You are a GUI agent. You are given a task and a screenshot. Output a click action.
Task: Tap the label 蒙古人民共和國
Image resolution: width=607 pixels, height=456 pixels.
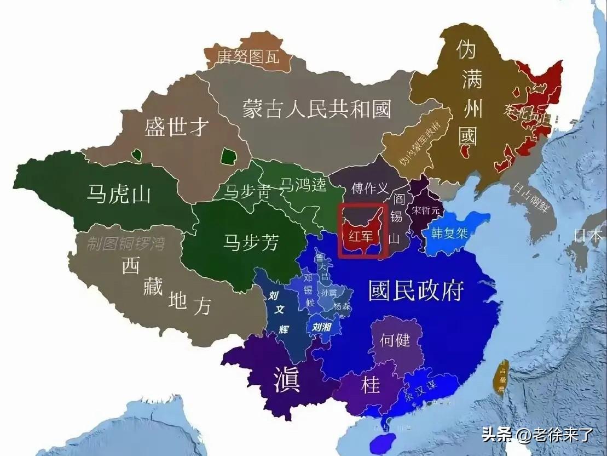click(317, 109)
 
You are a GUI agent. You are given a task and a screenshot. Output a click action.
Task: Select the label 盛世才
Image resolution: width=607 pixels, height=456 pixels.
click(176, 127)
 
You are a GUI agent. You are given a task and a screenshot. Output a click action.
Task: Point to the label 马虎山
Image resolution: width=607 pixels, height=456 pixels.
click(119, 193)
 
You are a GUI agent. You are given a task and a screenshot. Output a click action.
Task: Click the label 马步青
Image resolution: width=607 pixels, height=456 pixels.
click(248, 191)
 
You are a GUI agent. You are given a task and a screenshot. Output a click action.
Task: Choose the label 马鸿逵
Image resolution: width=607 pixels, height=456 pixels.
click(303, 185)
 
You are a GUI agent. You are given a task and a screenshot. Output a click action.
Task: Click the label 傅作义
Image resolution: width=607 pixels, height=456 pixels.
click(370, 189)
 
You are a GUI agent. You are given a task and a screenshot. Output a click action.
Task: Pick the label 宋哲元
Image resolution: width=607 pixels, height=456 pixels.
click(426, 210)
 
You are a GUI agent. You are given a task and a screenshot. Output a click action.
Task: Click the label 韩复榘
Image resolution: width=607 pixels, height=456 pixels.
click(449, 232)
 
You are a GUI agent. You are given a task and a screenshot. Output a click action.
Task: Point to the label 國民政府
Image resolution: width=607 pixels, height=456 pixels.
click(417, 290)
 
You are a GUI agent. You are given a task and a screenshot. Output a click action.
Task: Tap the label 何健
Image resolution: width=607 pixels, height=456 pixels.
click(395, 340)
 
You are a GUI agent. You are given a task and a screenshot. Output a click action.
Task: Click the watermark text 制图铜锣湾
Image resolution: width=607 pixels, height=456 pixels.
click(126, 243)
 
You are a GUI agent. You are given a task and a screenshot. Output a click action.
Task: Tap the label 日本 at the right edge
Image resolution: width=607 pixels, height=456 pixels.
click(588, 235)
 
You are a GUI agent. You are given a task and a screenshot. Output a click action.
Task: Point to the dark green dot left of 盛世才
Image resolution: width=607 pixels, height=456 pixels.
click(137, 155)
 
